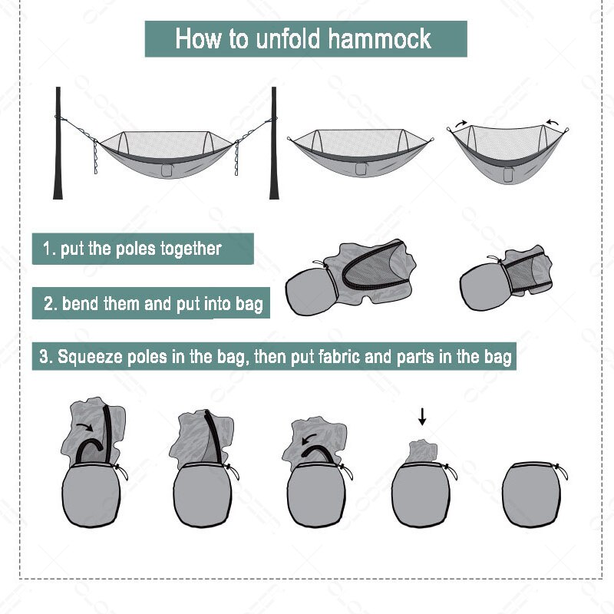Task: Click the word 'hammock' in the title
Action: tap(379, 39)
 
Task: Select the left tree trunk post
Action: tap(58, 143)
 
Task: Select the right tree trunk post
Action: tap(274, 143)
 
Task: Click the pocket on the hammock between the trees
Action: tap(167, 170)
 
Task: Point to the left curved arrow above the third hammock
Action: tap(461, 124)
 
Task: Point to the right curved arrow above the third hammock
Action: tap(553, 123)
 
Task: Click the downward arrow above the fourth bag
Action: tap(421, 417)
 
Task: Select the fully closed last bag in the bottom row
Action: tap(532, 494)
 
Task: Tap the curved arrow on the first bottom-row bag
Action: tap(85, 426)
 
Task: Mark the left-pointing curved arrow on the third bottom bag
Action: tap(310, 438)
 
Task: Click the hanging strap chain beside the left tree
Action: tap(95, 157)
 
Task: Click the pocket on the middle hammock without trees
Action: tap(361, 169)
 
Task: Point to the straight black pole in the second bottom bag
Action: tap(214, 437)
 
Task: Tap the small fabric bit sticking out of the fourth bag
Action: tap(421, 451)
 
